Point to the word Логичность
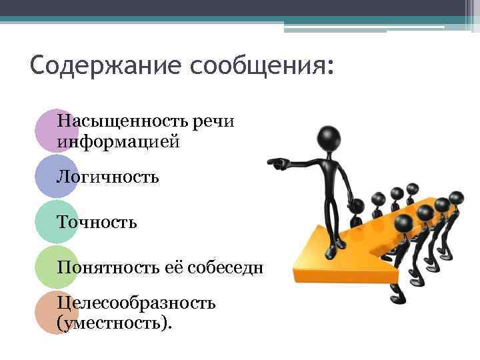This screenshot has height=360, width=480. (108, 177)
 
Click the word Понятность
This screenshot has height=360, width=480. (107, 267)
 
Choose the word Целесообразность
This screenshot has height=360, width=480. (136, 304)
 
